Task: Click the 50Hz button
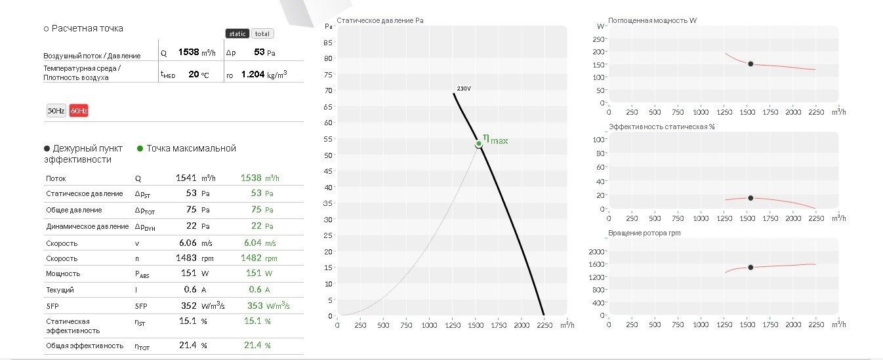click(x=56, y=111)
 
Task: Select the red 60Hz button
click(x=79, y=111)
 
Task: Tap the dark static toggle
click(x=237, y=33)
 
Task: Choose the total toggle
click(x=262, y=33)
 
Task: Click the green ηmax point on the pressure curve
click(x=478, y=144)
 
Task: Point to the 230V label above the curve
click(x=464, y=89)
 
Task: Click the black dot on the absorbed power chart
click(x=750, y=64)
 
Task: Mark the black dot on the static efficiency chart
click(x=750, y=198)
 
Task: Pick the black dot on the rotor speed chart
click(x=750, y=268)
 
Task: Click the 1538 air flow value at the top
click(x=188, y=52)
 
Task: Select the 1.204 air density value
click(x=253, y=74)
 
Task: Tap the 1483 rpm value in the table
click(x=186, y=258)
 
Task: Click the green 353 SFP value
click(x=255, y=306)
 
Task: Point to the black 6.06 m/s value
click(x=188, y=243)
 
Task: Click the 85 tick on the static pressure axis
click(x=328, y=43)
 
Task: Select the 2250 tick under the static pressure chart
click(x=544, y=325)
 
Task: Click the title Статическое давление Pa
click(x=380, y=20)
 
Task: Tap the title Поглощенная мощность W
click(x=652, y=20)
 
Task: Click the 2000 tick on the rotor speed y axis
click(x=596, y=252)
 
